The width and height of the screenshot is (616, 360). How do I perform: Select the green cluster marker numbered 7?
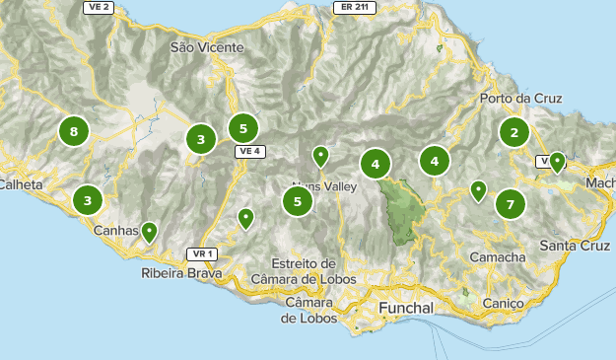(510, 204)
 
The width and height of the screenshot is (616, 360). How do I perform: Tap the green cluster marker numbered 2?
(513, 132)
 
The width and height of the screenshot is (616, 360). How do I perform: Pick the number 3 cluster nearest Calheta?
(88, 200)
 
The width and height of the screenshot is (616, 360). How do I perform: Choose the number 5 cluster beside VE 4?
(242, 128)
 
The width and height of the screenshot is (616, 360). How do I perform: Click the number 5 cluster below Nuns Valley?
(298, 202)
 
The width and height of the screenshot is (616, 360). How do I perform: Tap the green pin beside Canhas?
(149, 233)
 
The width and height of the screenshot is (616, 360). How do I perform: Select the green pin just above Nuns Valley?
(320, 157)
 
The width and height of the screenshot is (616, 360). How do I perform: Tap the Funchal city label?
(407, 309)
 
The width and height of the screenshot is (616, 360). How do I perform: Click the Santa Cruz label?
(577, 245)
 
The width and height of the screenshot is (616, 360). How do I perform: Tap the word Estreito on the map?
(304, 263)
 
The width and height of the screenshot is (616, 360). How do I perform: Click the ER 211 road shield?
(355, 7)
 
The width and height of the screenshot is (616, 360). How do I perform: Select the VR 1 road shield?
(205, 253)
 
